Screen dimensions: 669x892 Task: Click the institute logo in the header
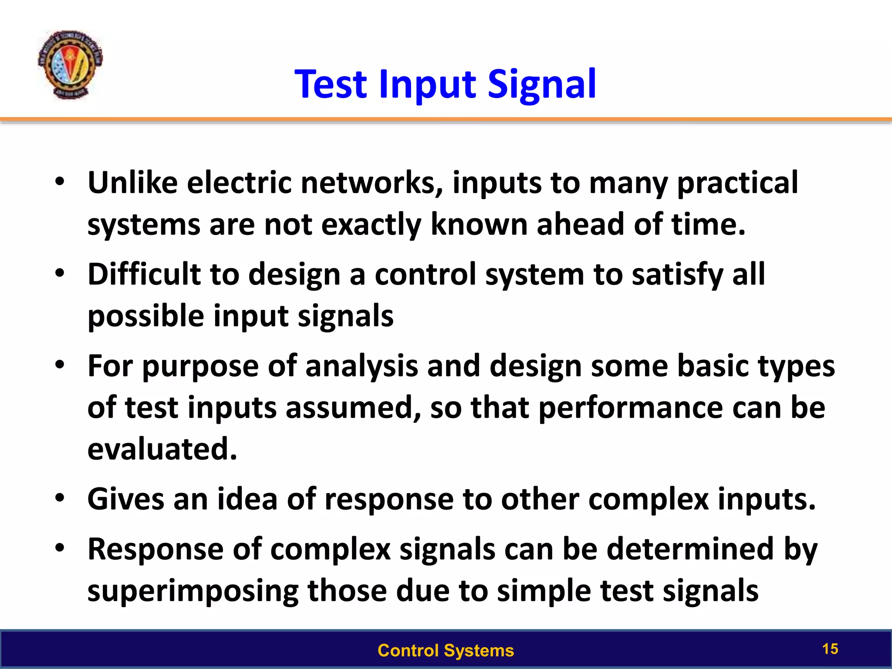70,64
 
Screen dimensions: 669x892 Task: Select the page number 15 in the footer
830,649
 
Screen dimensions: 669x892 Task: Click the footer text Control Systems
446,650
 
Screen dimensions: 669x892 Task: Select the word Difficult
144,274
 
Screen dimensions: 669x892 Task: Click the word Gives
126,499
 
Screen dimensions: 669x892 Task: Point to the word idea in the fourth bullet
247,499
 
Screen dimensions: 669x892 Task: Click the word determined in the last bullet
690,549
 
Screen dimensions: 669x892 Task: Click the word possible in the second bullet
146,316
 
